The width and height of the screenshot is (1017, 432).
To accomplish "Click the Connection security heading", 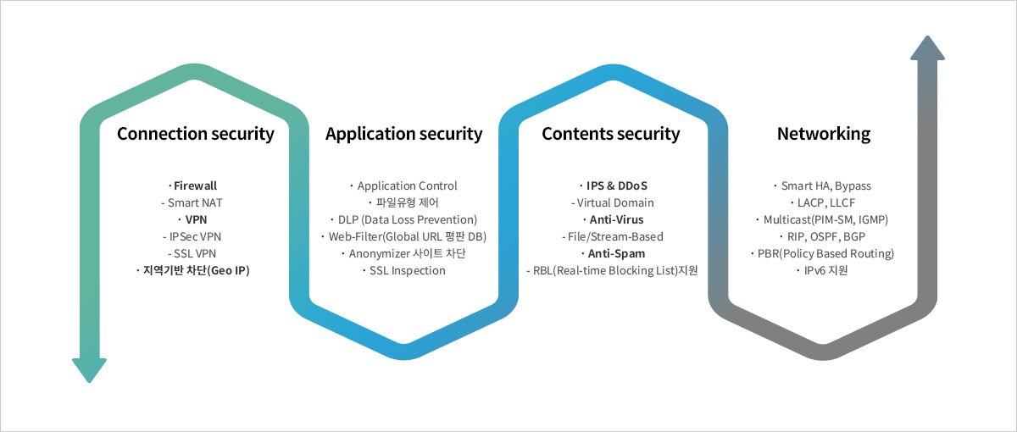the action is pos(196,134).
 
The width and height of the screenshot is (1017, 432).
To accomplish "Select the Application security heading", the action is pos(404,134).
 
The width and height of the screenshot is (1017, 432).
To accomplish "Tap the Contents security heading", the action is pos(611,134).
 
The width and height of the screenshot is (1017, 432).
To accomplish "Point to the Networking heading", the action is pos(824,134).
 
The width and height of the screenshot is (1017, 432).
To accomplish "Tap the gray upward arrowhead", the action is pos(927,48).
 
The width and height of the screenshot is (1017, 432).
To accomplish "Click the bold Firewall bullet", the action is pos(193,186).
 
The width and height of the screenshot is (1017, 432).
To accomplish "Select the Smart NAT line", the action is pos(192,202).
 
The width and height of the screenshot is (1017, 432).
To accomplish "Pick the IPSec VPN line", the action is pos(192,237).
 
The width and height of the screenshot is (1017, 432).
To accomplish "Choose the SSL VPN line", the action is pos(192,253).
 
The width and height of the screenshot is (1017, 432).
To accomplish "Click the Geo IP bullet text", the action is pos(193,271).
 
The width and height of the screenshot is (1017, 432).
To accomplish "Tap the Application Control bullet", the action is pos(403,186).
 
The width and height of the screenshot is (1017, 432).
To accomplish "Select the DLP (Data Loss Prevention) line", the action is pos(403,220).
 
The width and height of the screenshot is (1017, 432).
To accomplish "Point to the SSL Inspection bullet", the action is pos(404,271).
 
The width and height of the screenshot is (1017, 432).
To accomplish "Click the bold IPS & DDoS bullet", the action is pos(614,186).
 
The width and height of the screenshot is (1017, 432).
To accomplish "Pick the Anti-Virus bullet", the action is pos(614,219).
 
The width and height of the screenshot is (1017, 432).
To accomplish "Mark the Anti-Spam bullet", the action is pos(614,253).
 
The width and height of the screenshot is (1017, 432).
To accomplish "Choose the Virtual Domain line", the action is pos(613,202).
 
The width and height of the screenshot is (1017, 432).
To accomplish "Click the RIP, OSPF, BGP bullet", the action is pos(823,237).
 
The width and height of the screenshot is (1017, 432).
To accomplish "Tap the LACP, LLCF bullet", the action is pos(823,202).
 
